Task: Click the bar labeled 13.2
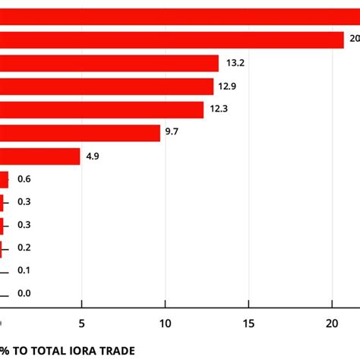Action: coord(109,64)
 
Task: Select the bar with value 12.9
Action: coord(106,87)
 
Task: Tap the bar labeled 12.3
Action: coord(102,110)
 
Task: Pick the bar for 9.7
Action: coord(80,133)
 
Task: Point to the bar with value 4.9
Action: coord(39,156)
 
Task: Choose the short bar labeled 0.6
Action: coord(5,179)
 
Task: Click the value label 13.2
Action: coord(232,64)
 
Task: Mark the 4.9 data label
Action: coord(93,156)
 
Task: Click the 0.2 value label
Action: coord(24,248)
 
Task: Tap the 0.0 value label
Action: coord(24,294)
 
